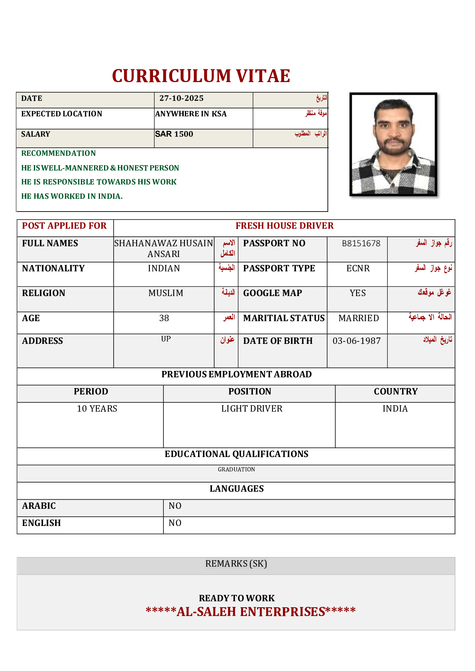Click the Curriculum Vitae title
pyautogui.click(x=201, y=76)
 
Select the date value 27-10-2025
pyautogui.click(x=181, y=98)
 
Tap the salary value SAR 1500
pyautogui.click(x=174, y=134)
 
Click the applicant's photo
pyautogui.click(x=393, y=144)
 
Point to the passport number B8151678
pyautogui.click(x=361, y=243)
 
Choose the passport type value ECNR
pyautogui.click(x=358, y=269)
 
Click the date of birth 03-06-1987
pyautogui.click(x=357, y=341)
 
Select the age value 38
pyautogui.click(x=164, y=318)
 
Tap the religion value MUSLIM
pyautogui.click(x=166, y=293)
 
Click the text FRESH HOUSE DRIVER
pyautogui.click(x=285, y=226)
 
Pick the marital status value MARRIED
pyautogui.click(x=359, y=318)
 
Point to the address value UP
pyautogui.click(x=166, y=339)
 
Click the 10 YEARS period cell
pyautogui.click(x=97, y=409)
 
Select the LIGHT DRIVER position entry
pyautogui.click(x=252, y=409)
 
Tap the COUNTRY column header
pyautogui.click(x=396, y=392)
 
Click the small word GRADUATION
pyautogui.click(x=236, y=470)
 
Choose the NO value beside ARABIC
pyautogui.click(x=175, y=506)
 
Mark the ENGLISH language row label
pyautogui.click(x=41, y=523)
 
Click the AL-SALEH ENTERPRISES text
pyautogui.click(x=251, y=612)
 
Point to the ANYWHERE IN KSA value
pyautogui.click(x=191, y=114)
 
